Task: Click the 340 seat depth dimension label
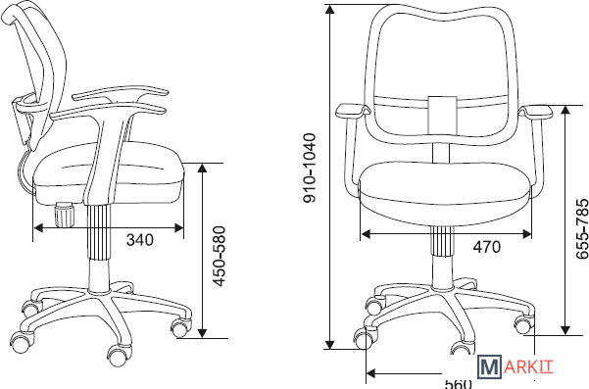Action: tap(140, 240)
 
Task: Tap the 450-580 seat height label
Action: tap(219, 256)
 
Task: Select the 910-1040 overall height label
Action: tap(310, 168)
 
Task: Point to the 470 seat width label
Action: tap(487, 247)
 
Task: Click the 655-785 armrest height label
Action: tap(582, 228)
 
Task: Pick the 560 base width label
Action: tap(458, 384)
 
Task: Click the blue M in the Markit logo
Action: tap(489, 366)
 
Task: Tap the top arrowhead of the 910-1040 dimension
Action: tap(330, 9)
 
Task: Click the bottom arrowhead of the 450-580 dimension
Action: tap(202, 333)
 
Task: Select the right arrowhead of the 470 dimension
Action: tap(527, 235)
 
